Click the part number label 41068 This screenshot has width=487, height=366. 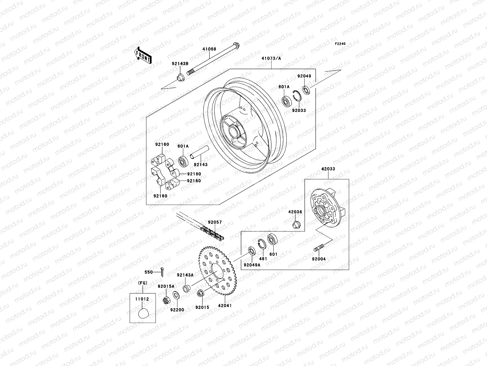(218, 49)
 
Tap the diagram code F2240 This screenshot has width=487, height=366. (340, 44)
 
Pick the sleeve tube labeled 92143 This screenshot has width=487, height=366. (200, 152)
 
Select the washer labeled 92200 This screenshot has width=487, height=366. (176, 295)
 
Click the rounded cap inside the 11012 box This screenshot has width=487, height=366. (143, 313)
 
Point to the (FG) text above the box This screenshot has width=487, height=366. (143, 283)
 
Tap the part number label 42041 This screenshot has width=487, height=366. (225, 305)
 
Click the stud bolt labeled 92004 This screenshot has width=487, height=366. (320, 247)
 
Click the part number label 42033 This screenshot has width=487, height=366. (328, 169)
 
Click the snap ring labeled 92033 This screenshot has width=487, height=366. (297, 95)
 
